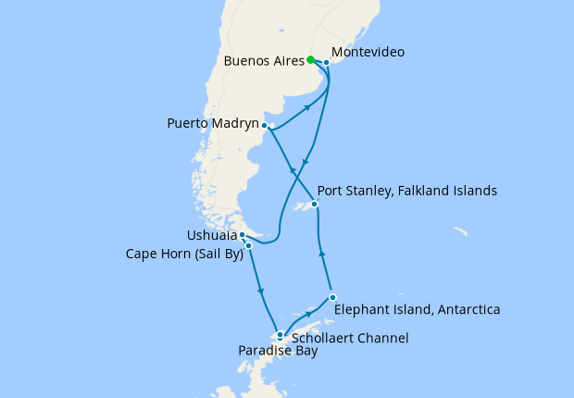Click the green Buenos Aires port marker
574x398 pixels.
click(310, 60)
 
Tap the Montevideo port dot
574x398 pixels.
click(326, 63)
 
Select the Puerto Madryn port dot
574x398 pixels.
click(265, 125)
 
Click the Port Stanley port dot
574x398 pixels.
click(315, 205)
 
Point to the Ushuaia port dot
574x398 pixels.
click(242, 235)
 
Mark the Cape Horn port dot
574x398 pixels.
click(248, 245)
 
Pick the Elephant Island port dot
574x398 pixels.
click(331, 297)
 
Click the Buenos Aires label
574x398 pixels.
click(264, 62)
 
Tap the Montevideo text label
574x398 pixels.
click(367, 53)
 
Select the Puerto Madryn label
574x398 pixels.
click(212, 122)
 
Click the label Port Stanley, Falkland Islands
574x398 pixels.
click(407, 191)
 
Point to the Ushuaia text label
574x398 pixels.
click(211, 236)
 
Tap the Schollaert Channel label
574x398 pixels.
click(350, 339)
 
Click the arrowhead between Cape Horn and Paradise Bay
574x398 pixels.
click(262, 293)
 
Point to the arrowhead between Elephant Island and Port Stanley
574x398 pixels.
click(321, 251)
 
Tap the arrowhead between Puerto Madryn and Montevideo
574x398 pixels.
click(306, 108)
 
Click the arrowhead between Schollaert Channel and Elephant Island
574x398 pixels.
click(309, 314)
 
